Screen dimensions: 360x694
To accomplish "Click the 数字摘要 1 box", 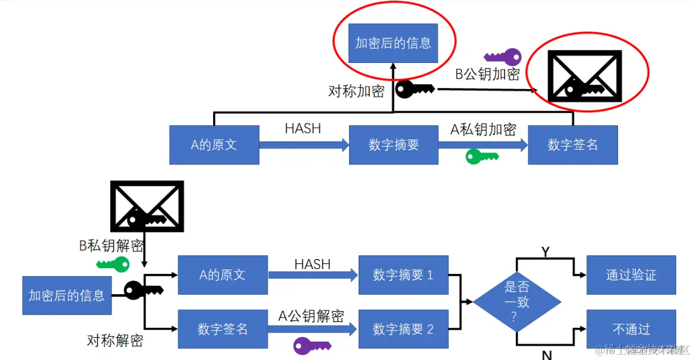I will point(403,275).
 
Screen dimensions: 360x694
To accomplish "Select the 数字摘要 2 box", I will point(403,329).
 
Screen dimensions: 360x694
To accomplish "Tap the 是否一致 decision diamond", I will point(516,302).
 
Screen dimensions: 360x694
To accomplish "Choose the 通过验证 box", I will point(631,275).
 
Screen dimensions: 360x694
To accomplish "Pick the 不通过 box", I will point(631,329).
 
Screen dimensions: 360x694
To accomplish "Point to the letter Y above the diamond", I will point(545,251).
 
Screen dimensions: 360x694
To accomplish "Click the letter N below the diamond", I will point(547,355).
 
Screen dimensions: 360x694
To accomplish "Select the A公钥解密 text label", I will point(311,316).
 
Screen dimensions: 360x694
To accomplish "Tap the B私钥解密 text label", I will point(112,245).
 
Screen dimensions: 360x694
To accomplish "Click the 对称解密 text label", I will point(115,340).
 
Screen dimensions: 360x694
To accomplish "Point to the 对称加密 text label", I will point(356,91).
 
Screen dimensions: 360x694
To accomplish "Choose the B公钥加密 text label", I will point(487,74).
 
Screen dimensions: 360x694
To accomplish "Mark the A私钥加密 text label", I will point(483,130).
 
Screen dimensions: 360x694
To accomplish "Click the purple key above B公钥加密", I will point(503,58).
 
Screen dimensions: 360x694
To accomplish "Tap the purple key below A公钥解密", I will point(312,345).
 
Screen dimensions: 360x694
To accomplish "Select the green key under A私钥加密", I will point(481,156).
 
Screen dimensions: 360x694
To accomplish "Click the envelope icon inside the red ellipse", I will point(584,75).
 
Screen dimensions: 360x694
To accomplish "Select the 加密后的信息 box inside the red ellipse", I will point(393,43).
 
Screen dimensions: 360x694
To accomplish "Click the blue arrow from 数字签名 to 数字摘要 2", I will point(312,329).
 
